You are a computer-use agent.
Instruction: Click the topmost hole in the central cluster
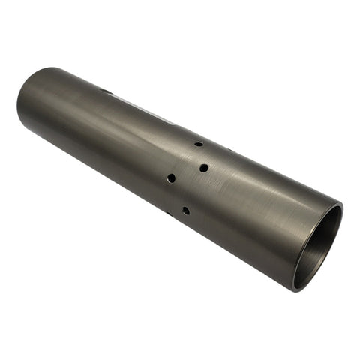(199, 143)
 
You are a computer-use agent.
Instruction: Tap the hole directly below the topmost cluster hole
(204, 168)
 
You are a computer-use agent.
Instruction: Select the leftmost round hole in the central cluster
(171, 178)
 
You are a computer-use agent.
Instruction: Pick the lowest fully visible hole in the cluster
(185, 211)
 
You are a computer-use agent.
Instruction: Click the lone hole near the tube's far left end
(106, 91)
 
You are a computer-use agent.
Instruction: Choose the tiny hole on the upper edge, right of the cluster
(229, 152)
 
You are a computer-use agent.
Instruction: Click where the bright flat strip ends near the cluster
(174, 122)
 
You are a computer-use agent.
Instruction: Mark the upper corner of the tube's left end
(45, 68)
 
